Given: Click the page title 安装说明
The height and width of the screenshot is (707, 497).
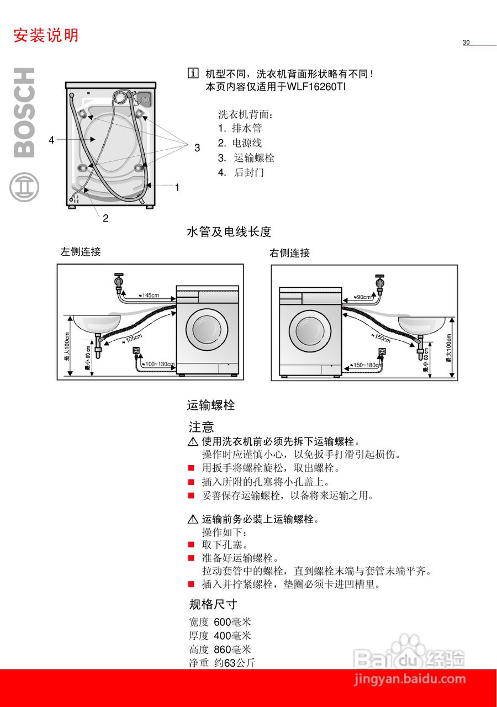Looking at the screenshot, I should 46,35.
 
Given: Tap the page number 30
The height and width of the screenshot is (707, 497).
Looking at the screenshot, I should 466,43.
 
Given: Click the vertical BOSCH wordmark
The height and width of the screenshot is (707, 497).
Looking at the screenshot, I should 24,113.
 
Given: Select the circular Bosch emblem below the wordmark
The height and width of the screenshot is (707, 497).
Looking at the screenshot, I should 24,188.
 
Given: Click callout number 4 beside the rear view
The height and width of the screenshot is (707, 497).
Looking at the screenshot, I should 51,140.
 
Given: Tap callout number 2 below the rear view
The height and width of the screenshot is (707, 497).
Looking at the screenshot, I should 105,218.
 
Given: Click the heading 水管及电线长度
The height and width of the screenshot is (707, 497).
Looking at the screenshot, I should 229,232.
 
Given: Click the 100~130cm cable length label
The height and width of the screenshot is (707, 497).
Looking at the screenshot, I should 159,365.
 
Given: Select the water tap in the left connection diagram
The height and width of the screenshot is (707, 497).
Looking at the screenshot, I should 118,283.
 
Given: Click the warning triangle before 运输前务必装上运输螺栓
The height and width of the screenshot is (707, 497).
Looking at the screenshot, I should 193,519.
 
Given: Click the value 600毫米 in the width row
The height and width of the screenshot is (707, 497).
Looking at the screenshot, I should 232,622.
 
